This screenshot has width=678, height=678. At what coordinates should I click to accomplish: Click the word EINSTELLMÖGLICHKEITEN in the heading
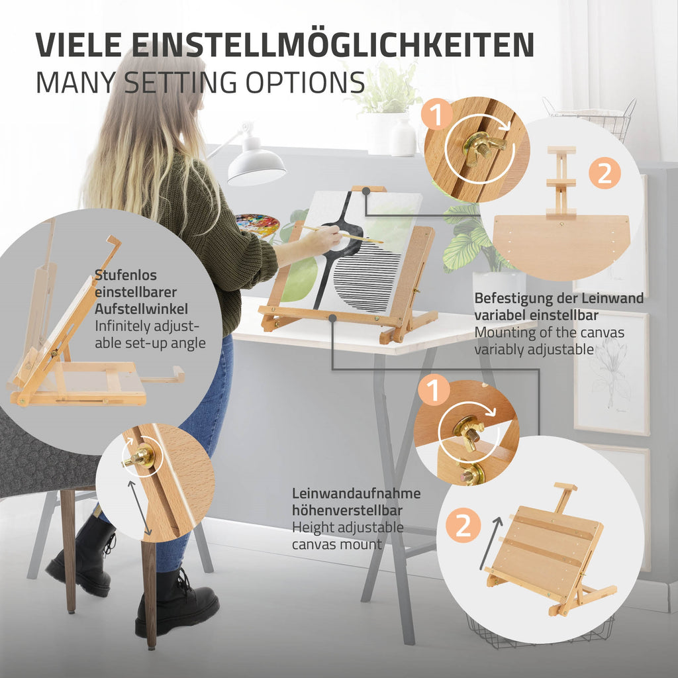333,44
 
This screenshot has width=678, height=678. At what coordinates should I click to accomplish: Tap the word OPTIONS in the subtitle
305,83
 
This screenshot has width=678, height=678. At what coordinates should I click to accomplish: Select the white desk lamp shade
256,164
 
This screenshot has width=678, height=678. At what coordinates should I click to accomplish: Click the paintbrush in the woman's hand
342,234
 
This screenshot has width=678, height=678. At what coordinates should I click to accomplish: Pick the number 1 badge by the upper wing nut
437,114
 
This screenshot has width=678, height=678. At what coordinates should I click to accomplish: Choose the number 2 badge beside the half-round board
605,173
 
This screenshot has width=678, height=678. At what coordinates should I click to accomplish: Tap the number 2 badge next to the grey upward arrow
463,525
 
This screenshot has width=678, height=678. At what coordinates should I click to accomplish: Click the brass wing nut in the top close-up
483,148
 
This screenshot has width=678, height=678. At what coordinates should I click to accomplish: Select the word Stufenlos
125,275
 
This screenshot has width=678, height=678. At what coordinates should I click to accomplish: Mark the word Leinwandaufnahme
356,493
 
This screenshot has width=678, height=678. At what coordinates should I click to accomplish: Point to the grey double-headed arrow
139,508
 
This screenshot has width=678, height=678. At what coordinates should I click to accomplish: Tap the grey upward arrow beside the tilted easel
491,543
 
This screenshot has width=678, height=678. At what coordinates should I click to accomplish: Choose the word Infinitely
122,326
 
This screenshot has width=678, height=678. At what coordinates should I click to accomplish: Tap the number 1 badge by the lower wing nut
434,391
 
